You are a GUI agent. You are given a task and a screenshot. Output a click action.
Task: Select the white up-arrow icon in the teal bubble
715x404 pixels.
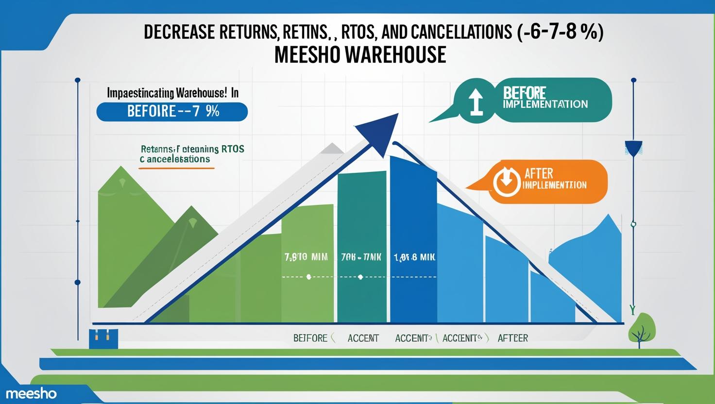point(475,101)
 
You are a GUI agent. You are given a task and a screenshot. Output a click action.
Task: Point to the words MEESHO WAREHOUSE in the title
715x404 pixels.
point(360,54)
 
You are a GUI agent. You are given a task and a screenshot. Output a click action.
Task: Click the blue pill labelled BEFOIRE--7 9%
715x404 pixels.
point(172,111)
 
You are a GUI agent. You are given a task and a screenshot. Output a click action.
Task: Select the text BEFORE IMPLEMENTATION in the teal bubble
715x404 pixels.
point(545,98)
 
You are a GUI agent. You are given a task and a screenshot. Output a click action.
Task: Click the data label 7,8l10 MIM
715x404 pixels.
point(305,257)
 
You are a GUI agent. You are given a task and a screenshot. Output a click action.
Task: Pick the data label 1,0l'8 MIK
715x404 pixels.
point(414,257)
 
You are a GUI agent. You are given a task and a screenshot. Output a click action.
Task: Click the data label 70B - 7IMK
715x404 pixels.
point(361,257)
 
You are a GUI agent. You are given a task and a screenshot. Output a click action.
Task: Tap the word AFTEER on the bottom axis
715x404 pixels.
point(512,338)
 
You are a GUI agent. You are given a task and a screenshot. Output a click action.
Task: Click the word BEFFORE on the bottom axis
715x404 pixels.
point(310,338)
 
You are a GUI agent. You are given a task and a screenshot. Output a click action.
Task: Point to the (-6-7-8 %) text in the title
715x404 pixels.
point(558,33)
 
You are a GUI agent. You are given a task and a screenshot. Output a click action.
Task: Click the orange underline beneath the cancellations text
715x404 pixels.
point(176,168)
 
